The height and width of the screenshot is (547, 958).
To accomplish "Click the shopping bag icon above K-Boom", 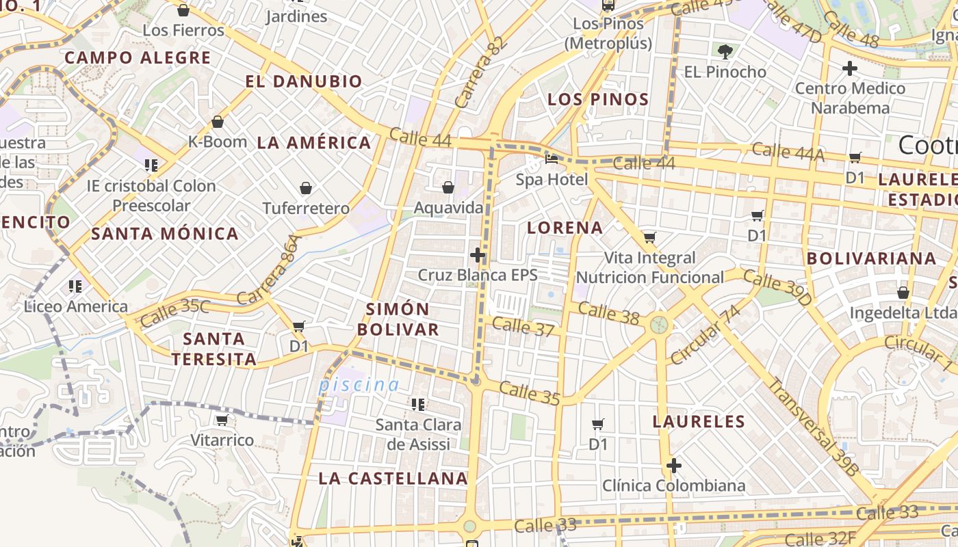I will point(218,122).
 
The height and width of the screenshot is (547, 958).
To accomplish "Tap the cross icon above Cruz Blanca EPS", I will point(478,255).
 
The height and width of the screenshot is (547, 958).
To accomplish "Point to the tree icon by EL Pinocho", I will point(725,51).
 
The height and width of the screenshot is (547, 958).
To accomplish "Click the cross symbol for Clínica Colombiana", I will point(674,466).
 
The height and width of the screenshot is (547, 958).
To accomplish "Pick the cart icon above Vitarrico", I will point(221,420).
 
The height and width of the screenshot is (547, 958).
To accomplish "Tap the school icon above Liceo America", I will point(75,286).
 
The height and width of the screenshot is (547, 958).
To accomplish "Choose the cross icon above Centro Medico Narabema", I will point(849,68).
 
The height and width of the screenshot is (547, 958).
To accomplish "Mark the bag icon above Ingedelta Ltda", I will point(903,292).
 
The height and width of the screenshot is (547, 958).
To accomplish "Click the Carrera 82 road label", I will point(481,72).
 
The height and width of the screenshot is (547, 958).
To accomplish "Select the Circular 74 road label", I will point(705,334).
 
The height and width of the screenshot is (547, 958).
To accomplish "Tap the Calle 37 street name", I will point(523,327).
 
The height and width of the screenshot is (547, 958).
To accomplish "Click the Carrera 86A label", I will point(269,269).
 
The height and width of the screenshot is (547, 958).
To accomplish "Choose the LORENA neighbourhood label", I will point(565,228).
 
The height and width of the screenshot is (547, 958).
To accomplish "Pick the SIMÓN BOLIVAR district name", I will point(398,319).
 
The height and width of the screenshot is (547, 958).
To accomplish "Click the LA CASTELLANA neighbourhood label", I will point(393,479).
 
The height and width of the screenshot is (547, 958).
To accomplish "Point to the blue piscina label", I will point(359,385).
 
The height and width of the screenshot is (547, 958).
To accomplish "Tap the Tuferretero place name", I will point(306,208).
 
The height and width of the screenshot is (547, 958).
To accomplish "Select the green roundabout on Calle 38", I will point(659,324).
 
